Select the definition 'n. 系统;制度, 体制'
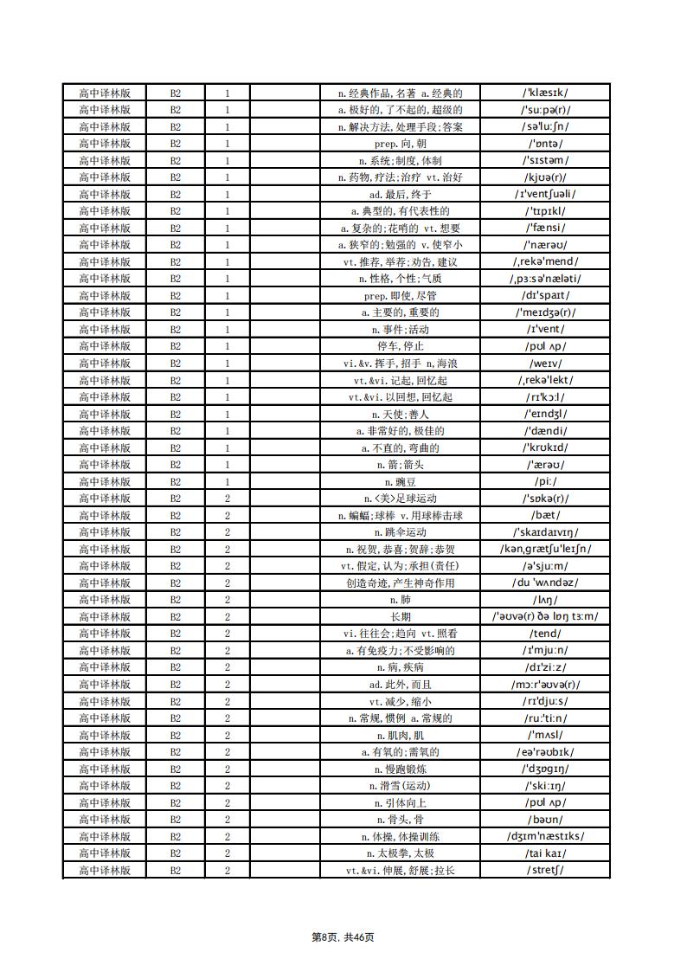(400, 160)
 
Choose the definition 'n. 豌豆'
(400, 481)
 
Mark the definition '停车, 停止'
(400, 346)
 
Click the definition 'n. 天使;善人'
(400, 414)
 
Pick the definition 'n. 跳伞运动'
(400, 532)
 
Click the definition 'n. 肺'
(400, 600)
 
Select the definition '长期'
(400, 616)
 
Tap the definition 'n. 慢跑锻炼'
(400, 769)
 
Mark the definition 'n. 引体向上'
(400, 802)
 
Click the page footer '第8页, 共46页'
(343, 937)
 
